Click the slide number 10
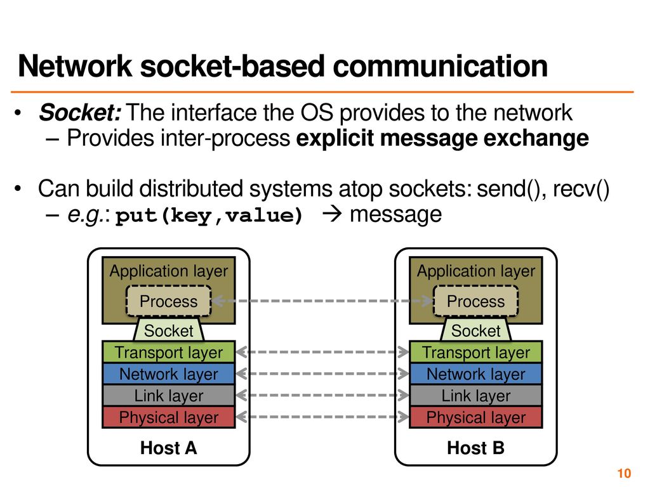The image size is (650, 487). (x=624, y=473)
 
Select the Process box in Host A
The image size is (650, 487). (x=169, y=301)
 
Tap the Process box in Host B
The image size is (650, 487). (x=476, y=301)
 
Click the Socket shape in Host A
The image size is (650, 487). (x=169, y=330)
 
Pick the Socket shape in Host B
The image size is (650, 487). (x=476, y=330)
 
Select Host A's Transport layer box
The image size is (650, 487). (x=169, y=352)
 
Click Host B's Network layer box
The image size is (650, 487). (x=476, y=374)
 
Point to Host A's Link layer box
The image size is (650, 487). (x=169, y=396)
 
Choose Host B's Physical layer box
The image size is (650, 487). (x=476, y=417)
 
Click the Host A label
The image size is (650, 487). (x=169, y=448)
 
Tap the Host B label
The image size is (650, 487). (x=476, y=448)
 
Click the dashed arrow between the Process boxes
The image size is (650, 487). (x=322, y=301)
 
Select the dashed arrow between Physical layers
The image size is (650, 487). (x=322, y=417)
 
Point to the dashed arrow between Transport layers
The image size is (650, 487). (x=322, y=352)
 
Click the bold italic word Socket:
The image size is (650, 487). (x=80, y=112)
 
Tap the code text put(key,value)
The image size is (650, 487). (x=209, y=216)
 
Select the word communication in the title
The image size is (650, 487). (x=441, y=66)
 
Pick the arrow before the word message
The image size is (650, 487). (x=332, y=214)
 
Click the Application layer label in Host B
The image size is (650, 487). (x=476, y=271)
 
